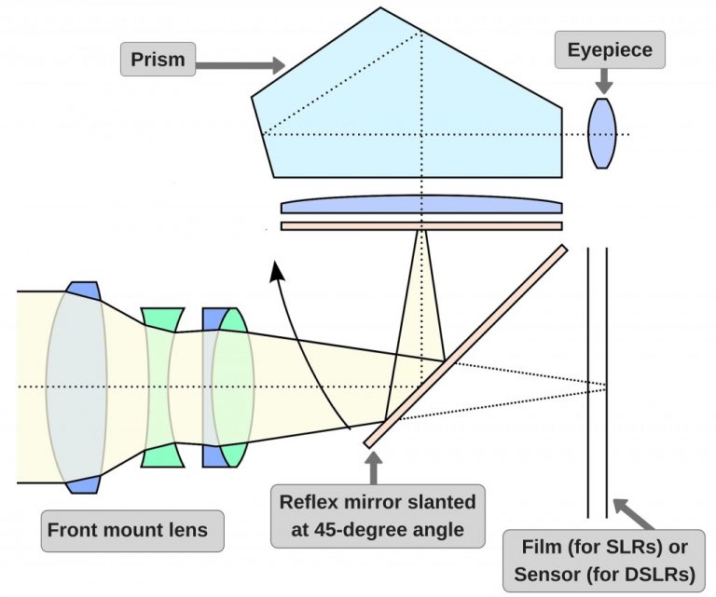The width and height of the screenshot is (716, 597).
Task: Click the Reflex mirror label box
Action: (377, 516)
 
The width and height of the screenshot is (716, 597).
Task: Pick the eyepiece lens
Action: (603, 134)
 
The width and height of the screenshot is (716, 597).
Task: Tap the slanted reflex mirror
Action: (466, 345)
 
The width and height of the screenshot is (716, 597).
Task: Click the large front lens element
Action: (76, 386)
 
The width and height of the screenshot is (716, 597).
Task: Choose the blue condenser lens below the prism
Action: (421, 206)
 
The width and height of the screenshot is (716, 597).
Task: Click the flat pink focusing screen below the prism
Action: (421, 225)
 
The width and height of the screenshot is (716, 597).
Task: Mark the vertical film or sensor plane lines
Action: (598, 382)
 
